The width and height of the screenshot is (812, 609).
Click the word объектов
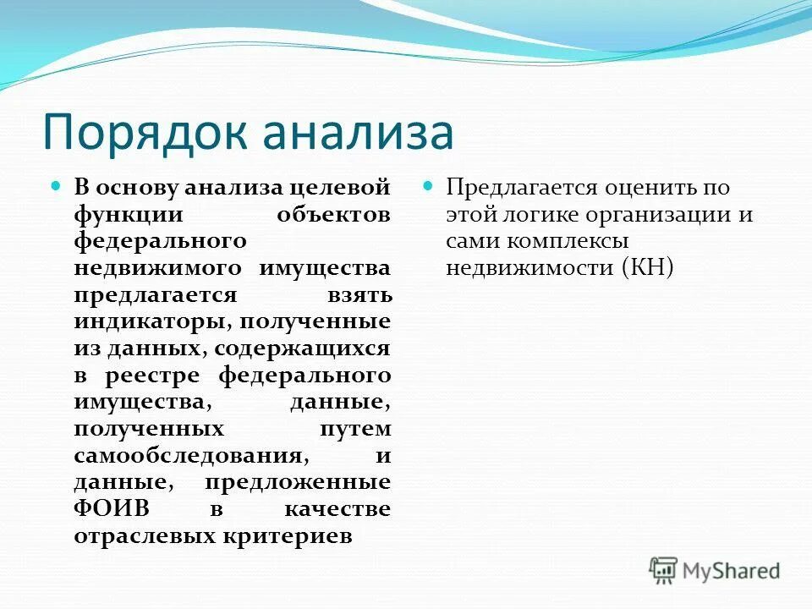333,215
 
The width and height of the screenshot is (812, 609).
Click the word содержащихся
303,349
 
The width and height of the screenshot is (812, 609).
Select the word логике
544,215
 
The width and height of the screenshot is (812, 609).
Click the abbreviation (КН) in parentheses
647,269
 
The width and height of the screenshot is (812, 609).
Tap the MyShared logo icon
663,570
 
